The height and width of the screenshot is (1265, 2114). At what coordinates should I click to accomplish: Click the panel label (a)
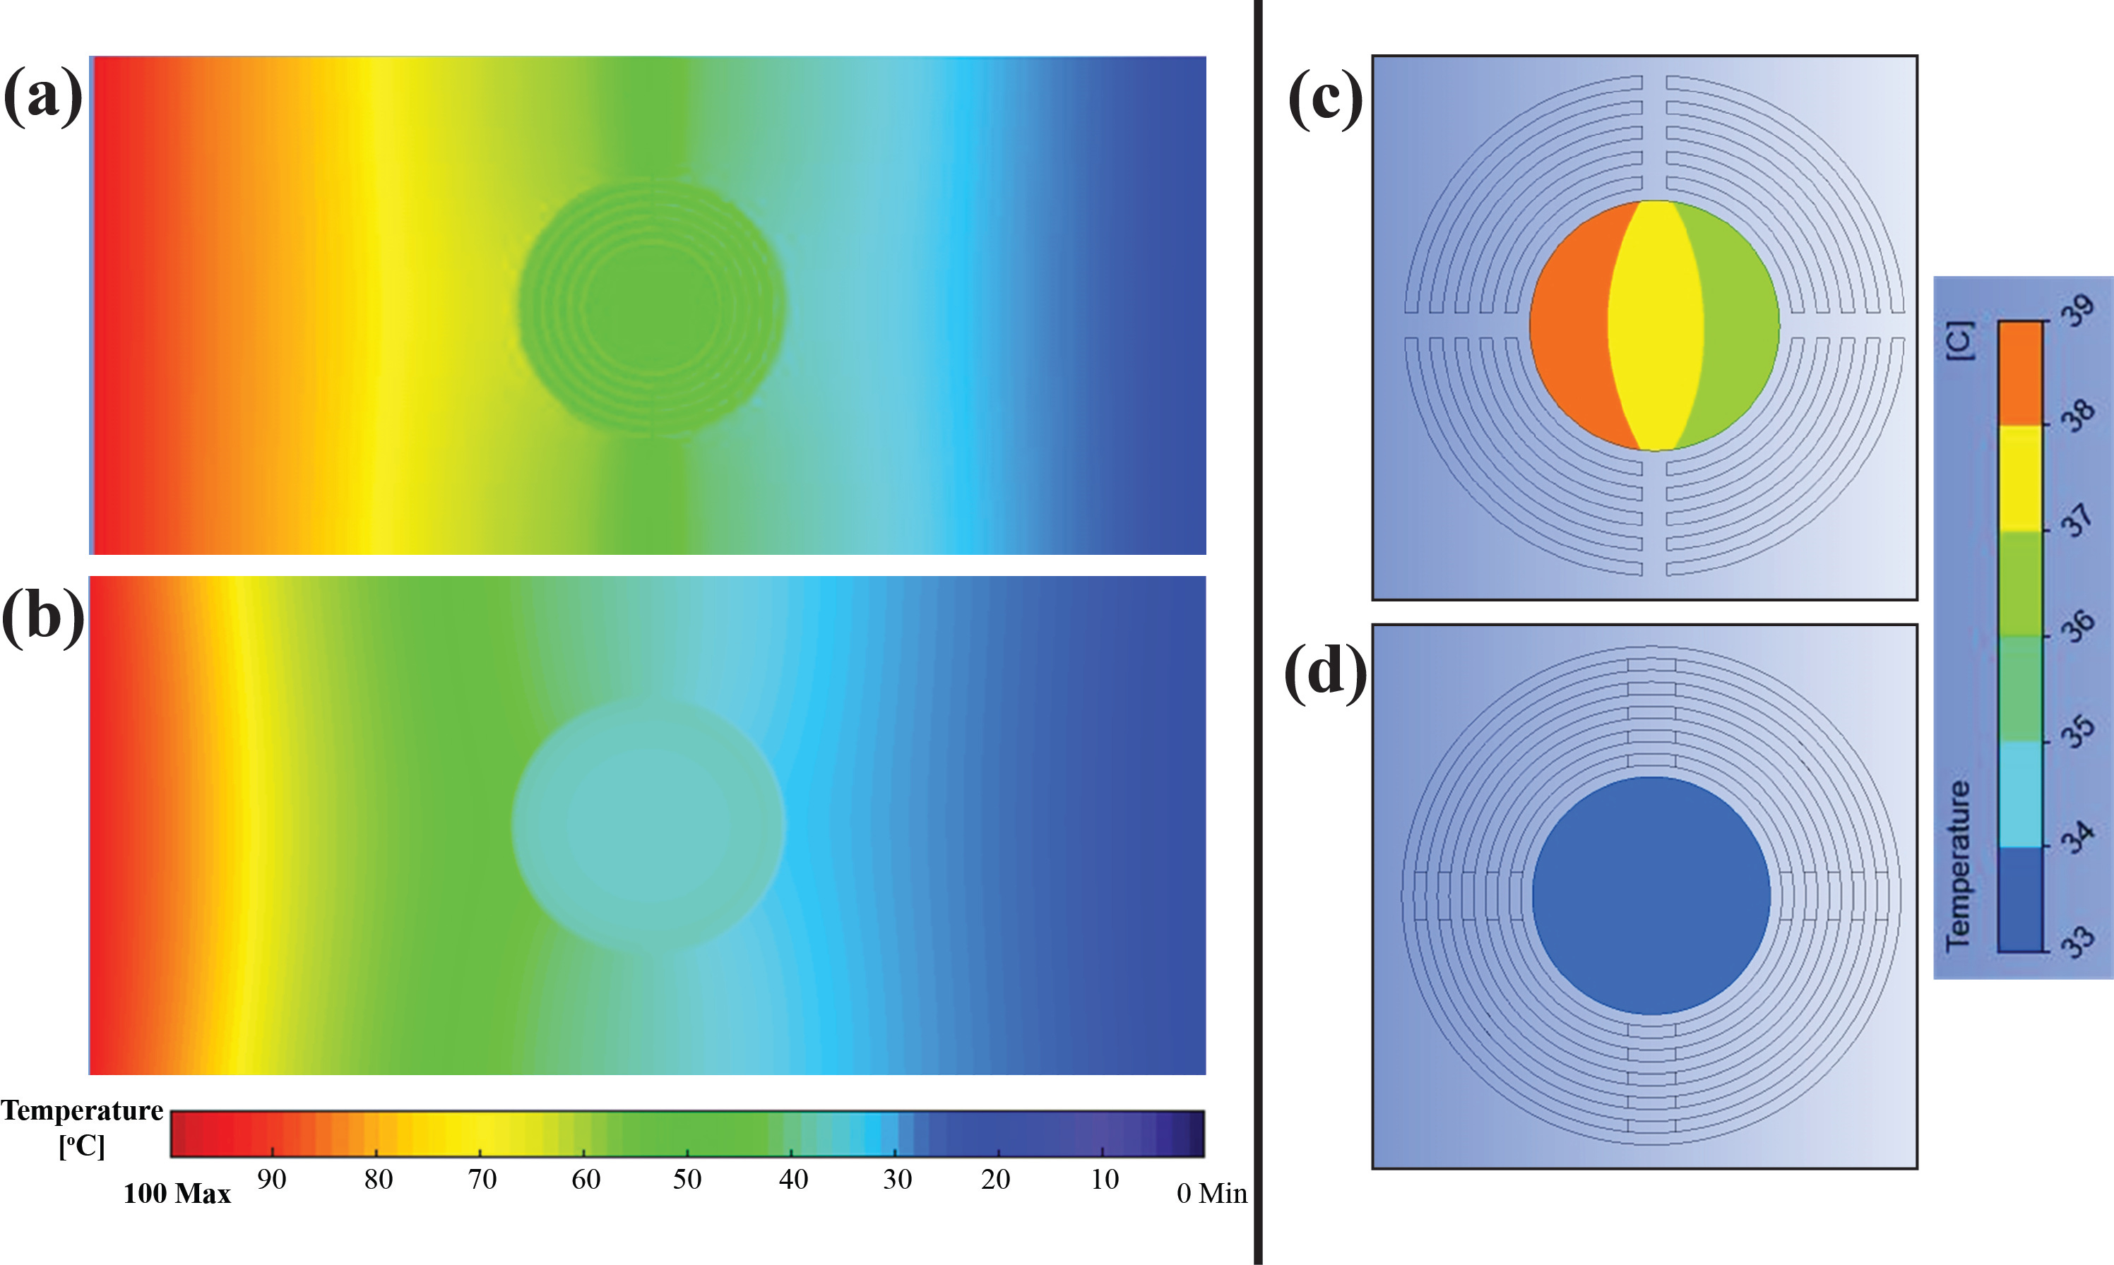coord(42,95)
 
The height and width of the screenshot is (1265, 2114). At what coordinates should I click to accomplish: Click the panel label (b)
coord(42,616)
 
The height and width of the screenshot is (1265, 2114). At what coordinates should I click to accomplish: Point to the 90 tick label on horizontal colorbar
coord(271,1180)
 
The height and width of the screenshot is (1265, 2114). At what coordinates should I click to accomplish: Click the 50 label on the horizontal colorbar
coord(687,1180)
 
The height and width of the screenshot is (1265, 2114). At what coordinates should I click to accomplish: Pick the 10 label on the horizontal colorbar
coord(1105,1180)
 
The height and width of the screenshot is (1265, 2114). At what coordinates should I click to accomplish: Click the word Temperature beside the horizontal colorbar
coord(82,1110)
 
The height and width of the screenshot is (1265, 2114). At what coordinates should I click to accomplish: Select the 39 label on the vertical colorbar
coord(2077,311)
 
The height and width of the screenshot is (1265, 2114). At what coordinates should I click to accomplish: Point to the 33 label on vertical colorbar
coord(2078,941)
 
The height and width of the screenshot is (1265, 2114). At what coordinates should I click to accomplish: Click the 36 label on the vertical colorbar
coord(2078,625)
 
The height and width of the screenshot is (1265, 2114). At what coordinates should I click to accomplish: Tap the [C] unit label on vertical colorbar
coord(1959,340)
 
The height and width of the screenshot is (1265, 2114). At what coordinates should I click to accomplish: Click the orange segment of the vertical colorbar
coord(2020,373)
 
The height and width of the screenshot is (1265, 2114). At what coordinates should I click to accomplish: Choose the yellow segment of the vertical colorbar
coord(2020,477)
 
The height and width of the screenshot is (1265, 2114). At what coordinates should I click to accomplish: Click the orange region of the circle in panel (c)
coord(1569,324)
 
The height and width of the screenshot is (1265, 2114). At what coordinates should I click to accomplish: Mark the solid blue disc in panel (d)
coord(1651,895)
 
